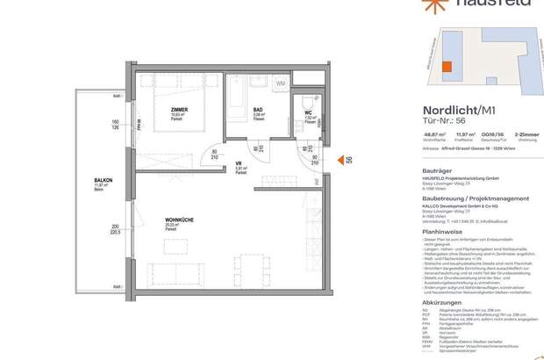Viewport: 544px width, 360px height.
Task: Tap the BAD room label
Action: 258,110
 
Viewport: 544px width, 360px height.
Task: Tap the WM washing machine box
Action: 280,83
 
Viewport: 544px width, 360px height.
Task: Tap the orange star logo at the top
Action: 408,4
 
